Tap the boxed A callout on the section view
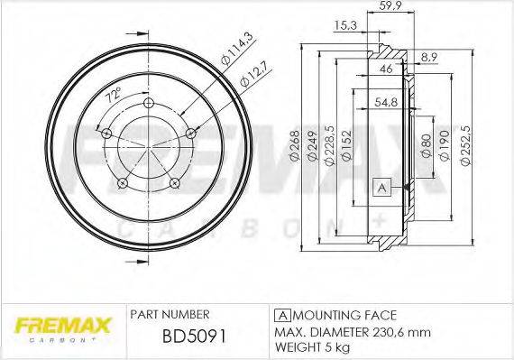380,187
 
